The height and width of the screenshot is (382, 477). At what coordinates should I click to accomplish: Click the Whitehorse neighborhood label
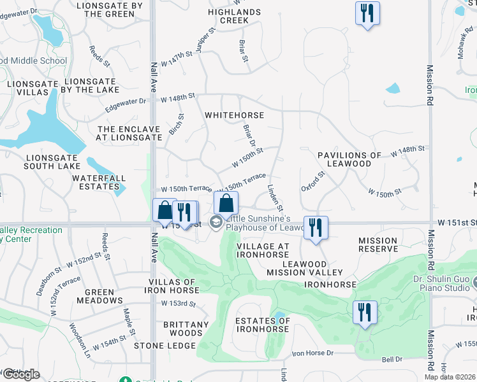[234, 115]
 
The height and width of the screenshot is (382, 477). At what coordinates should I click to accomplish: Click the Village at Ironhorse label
[263, 250]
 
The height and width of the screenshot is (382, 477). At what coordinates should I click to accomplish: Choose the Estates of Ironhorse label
[263, 325]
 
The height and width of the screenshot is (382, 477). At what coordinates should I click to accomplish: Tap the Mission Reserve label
[378, 245]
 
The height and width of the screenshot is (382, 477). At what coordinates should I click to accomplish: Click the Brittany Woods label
[186, 329]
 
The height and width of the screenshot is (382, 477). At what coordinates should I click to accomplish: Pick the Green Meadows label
[99, 297]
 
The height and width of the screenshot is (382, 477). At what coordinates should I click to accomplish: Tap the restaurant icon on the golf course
[365, 312]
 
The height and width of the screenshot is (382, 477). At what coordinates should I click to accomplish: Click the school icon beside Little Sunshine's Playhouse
[216, 222]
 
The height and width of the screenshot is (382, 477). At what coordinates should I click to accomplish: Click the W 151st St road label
[457, 222]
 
